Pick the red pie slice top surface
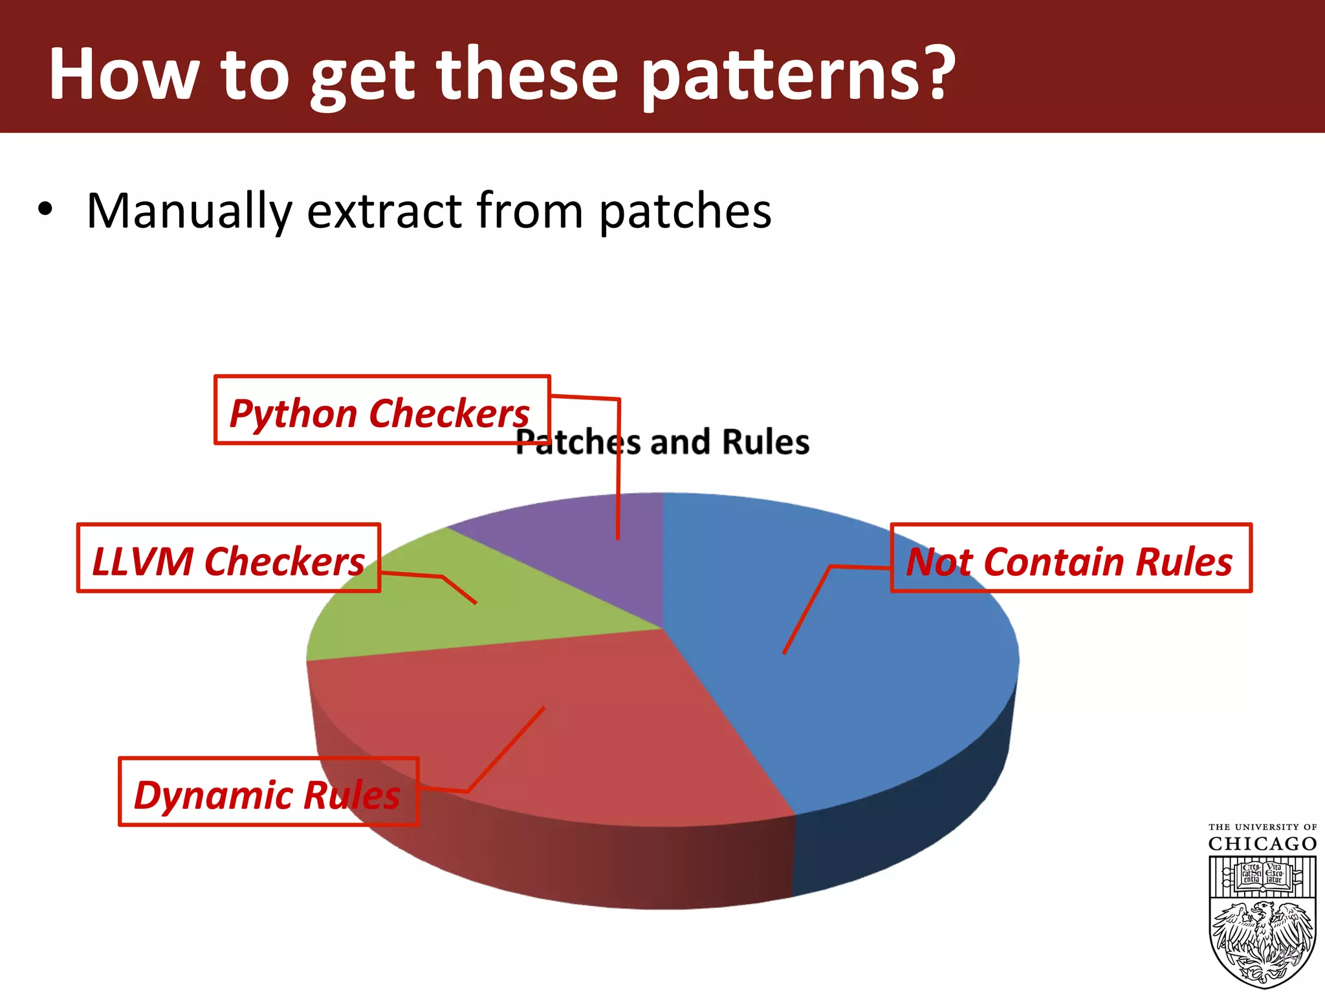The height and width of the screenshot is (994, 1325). [x=582, y=744]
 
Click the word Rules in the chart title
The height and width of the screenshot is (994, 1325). [x=765, y=443]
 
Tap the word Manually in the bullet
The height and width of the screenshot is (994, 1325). [x=189, y=212]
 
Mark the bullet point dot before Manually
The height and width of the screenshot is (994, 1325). [x=45, y=210]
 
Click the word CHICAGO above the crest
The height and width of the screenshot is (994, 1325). [x=1262, y=845]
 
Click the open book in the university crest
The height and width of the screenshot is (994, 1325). [x=1262, y=876]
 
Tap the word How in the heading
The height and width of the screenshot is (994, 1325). [x=123, y=74]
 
